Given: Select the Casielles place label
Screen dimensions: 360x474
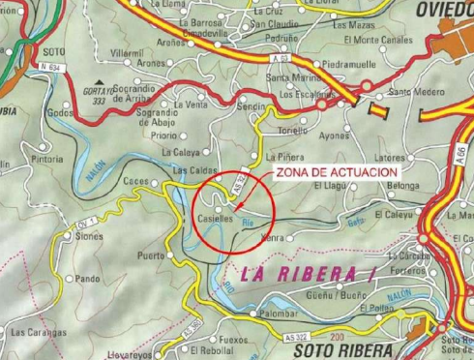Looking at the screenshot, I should (x=214, y=220).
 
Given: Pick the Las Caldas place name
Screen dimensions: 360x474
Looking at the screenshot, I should (x=193, y=170).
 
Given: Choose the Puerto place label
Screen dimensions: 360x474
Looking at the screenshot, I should (x=151, y=255).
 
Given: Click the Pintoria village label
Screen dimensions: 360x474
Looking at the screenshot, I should (x=47, y=158).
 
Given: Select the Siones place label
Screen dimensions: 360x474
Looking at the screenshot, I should (x=88, y=235).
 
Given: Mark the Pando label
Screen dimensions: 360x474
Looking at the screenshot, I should (x=89, y=279).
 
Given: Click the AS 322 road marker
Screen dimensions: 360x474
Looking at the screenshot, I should (x=301, y=336).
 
